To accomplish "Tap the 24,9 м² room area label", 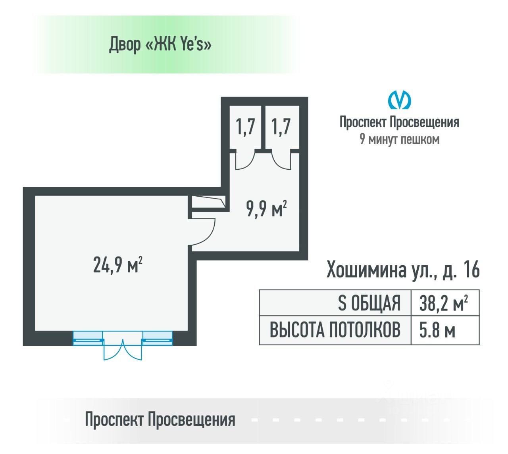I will (x=118, y=265).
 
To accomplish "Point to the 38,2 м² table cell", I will (x=443, y=303).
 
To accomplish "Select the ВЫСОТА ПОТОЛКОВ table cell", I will (x=335, y=330).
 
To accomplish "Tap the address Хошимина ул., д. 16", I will (x=403, y=270).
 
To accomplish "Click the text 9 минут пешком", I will (x=399, y=140).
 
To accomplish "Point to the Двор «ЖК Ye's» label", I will (x=160, y=45).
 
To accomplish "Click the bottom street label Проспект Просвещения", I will (x=160, y=419).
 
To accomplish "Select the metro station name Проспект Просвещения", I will (x=399, y=122).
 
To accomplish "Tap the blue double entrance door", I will (x=123, y=349).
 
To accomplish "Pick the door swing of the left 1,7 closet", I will (x=245, y=161).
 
